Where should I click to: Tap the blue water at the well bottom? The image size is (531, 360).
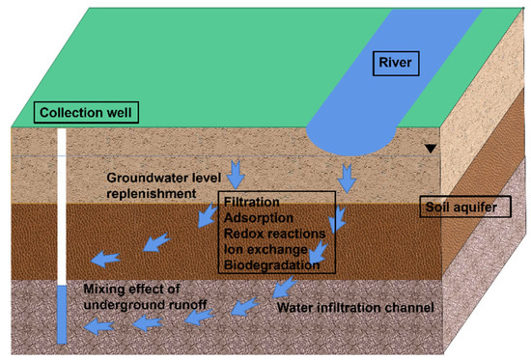coord(63,315)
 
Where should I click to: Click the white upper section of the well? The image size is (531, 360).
coord(63,203)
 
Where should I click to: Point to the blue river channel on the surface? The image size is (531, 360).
coord(425,58)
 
